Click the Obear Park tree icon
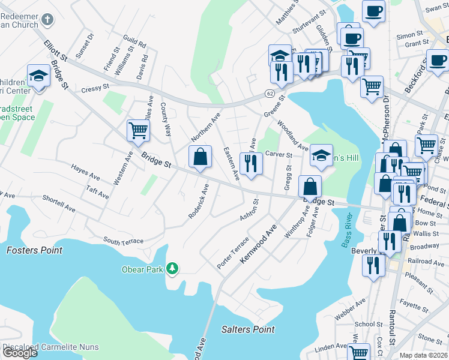coord(173,269)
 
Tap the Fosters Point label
coord(35,250)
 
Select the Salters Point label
coord(248,329)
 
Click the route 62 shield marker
coord(270,94)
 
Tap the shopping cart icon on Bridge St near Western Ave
coord(138,130)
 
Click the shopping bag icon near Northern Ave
coord(200,157)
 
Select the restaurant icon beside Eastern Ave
coord(250,163)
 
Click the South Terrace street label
coord(123,241)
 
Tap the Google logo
coord(20,353)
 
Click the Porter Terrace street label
coord(233,253)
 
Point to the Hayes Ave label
coord(85,171)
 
